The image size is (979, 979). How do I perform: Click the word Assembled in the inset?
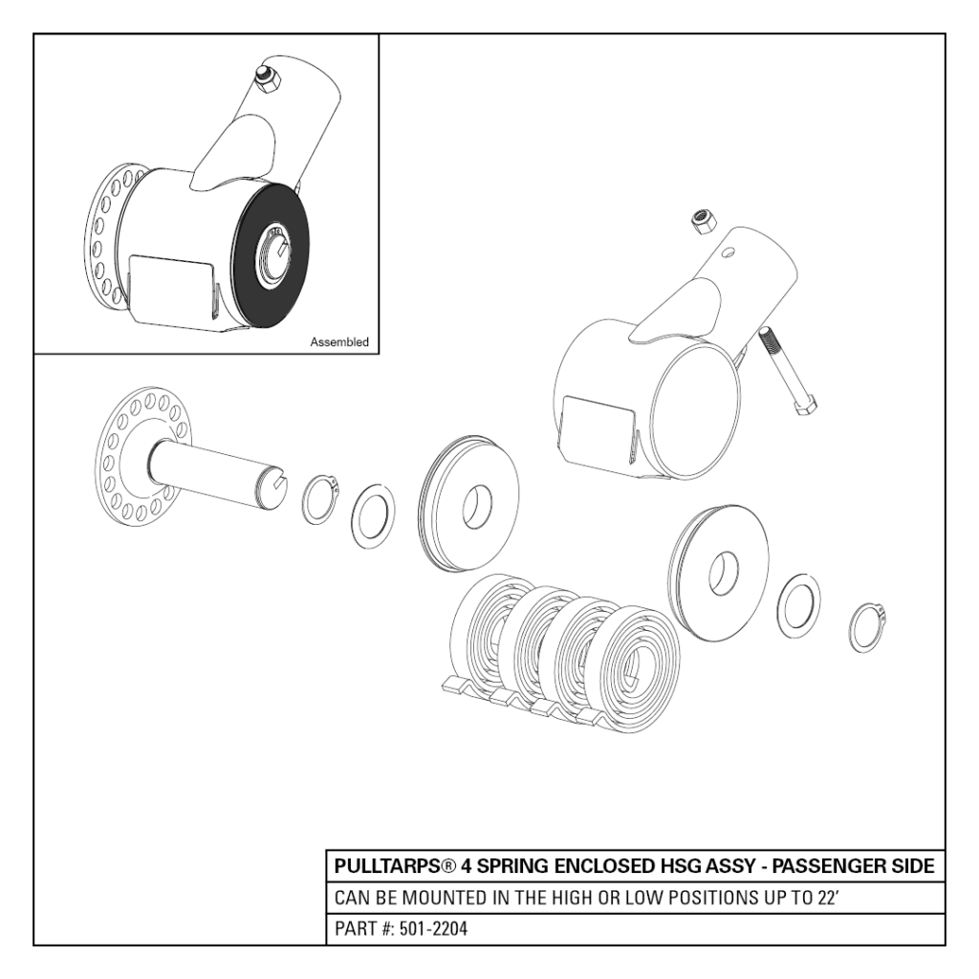pyautogui.click(x=339, y=341)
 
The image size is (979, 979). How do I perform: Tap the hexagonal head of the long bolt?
pyautogui.click(x=804, y=405)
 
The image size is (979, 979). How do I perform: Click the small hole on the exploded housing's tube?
pyautogui.click(x=729, y=253)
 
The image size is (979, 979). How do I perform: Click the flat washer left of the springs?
pyautogui.click(x=374, y=516)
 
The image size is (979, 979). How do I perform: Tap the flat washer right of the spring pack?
pyautogui.click(x=797, y=605)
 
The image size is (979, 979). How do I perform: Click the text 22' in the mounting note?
pyautogui.click(x=826, y=899)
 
